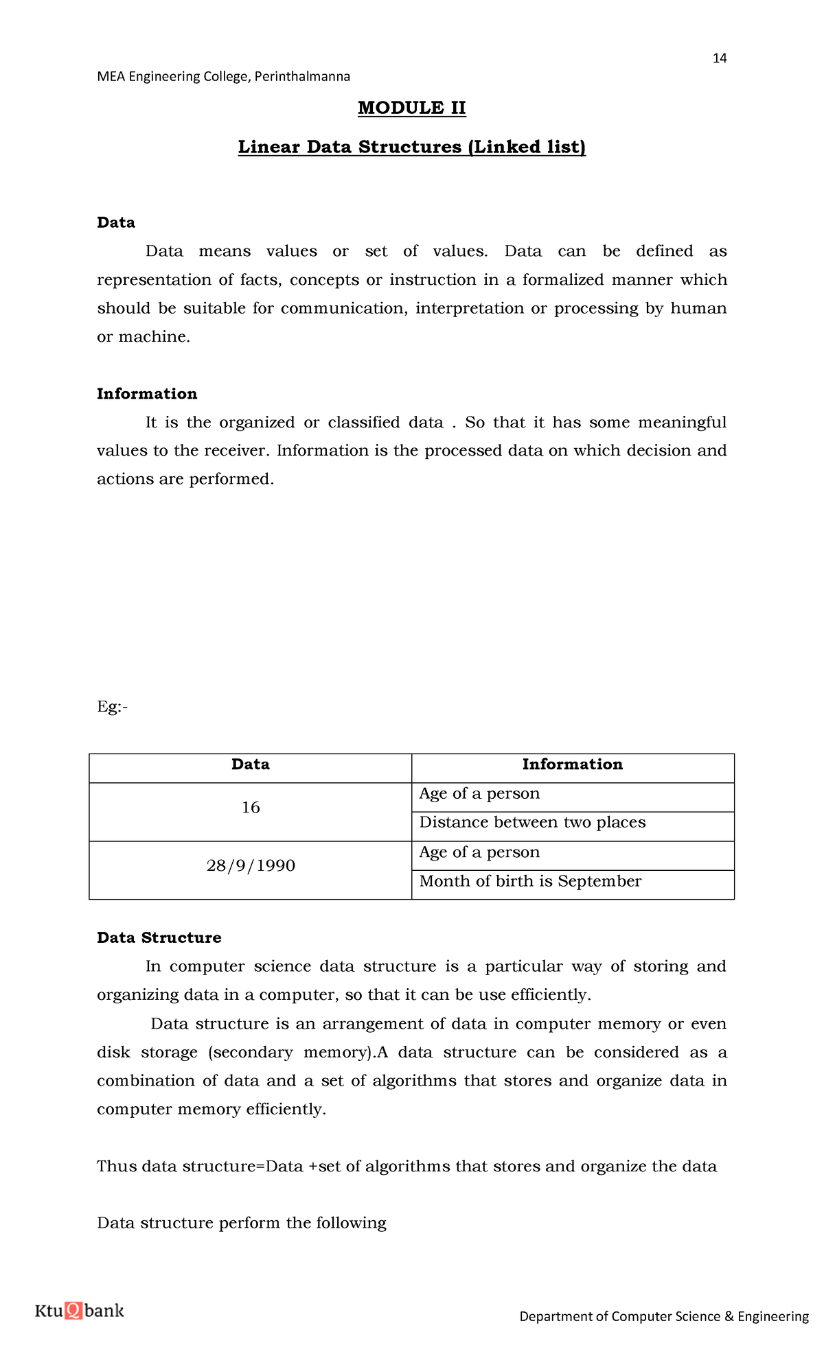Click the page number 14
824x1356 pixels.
tap(719, 58)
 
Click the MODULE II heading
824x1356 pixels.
tap(411, 108)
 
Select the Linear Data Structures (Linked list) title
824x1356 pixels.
tap(411, 147)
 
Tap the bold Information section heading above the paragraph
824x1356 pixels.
tap(146, 394)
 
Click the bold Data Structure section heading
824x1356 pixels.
tap(159, 937)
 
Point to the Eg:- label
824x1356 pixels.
tap(112, 707)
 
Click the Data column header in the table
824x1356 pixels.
tap(250, 764)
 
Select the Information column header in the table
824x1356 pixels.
tap(572, 764)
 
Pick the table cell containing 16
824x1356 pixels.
tap(251, 808)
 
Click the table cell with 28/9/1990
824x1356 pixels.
tap(251, 865)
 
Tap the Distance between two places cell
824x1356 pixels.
tap(532, 822)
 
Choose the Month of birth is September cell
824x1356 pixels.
tap(530, 881)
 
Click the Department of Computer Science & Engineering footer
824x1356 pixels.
tap(663, 1316)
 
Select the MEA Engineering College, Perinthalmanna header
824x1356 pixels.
tap(223, 76)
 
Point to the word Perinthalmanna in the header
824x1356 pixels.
tap(302, 76)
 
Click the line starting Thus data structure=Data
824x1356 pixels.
tap(407, 1167)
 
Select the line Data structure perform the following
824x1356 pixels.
tap(241, 1223)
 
